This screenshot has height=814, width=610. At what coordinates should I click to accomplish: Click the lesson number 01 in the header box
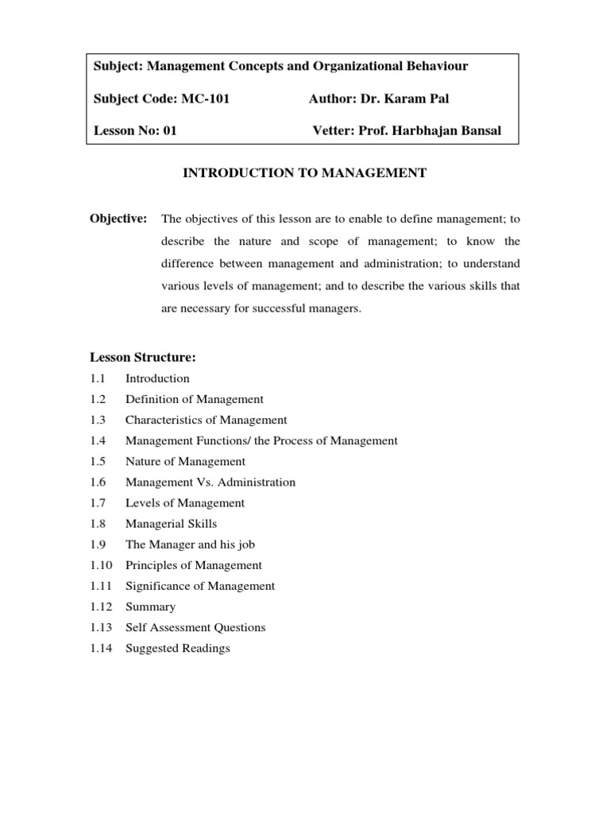170,131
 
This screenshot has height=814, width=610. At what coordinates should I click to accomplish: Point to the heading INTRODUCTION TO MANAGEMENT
306,173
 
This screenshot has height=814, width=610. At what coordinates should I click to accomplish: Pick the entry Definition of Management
195,399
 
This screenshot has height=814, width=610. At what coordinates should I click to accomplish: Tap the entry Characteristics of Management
207,420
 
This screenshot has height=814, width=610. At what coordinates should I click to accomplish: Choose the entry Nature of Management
185,461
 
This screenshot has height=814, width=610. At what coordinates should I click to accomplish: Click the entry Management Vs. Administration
210,482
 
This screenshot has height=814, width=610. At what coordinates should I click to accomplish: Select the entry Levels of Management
185,502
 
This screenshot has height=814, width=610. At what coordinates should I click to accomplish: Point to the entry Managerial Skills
171,524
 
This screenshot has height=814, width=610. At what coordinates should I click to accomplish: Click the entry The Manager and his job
190,545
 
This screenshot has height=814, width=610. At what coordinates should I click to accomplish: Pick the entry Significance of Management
200,586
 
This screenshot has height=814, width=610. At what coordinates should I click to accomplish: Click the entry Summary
150,607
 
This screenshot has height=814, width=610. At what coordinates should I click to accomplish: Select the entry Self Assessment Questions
195,627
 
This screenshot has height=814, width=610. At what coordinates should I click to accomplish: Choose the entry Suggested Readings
178,648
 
